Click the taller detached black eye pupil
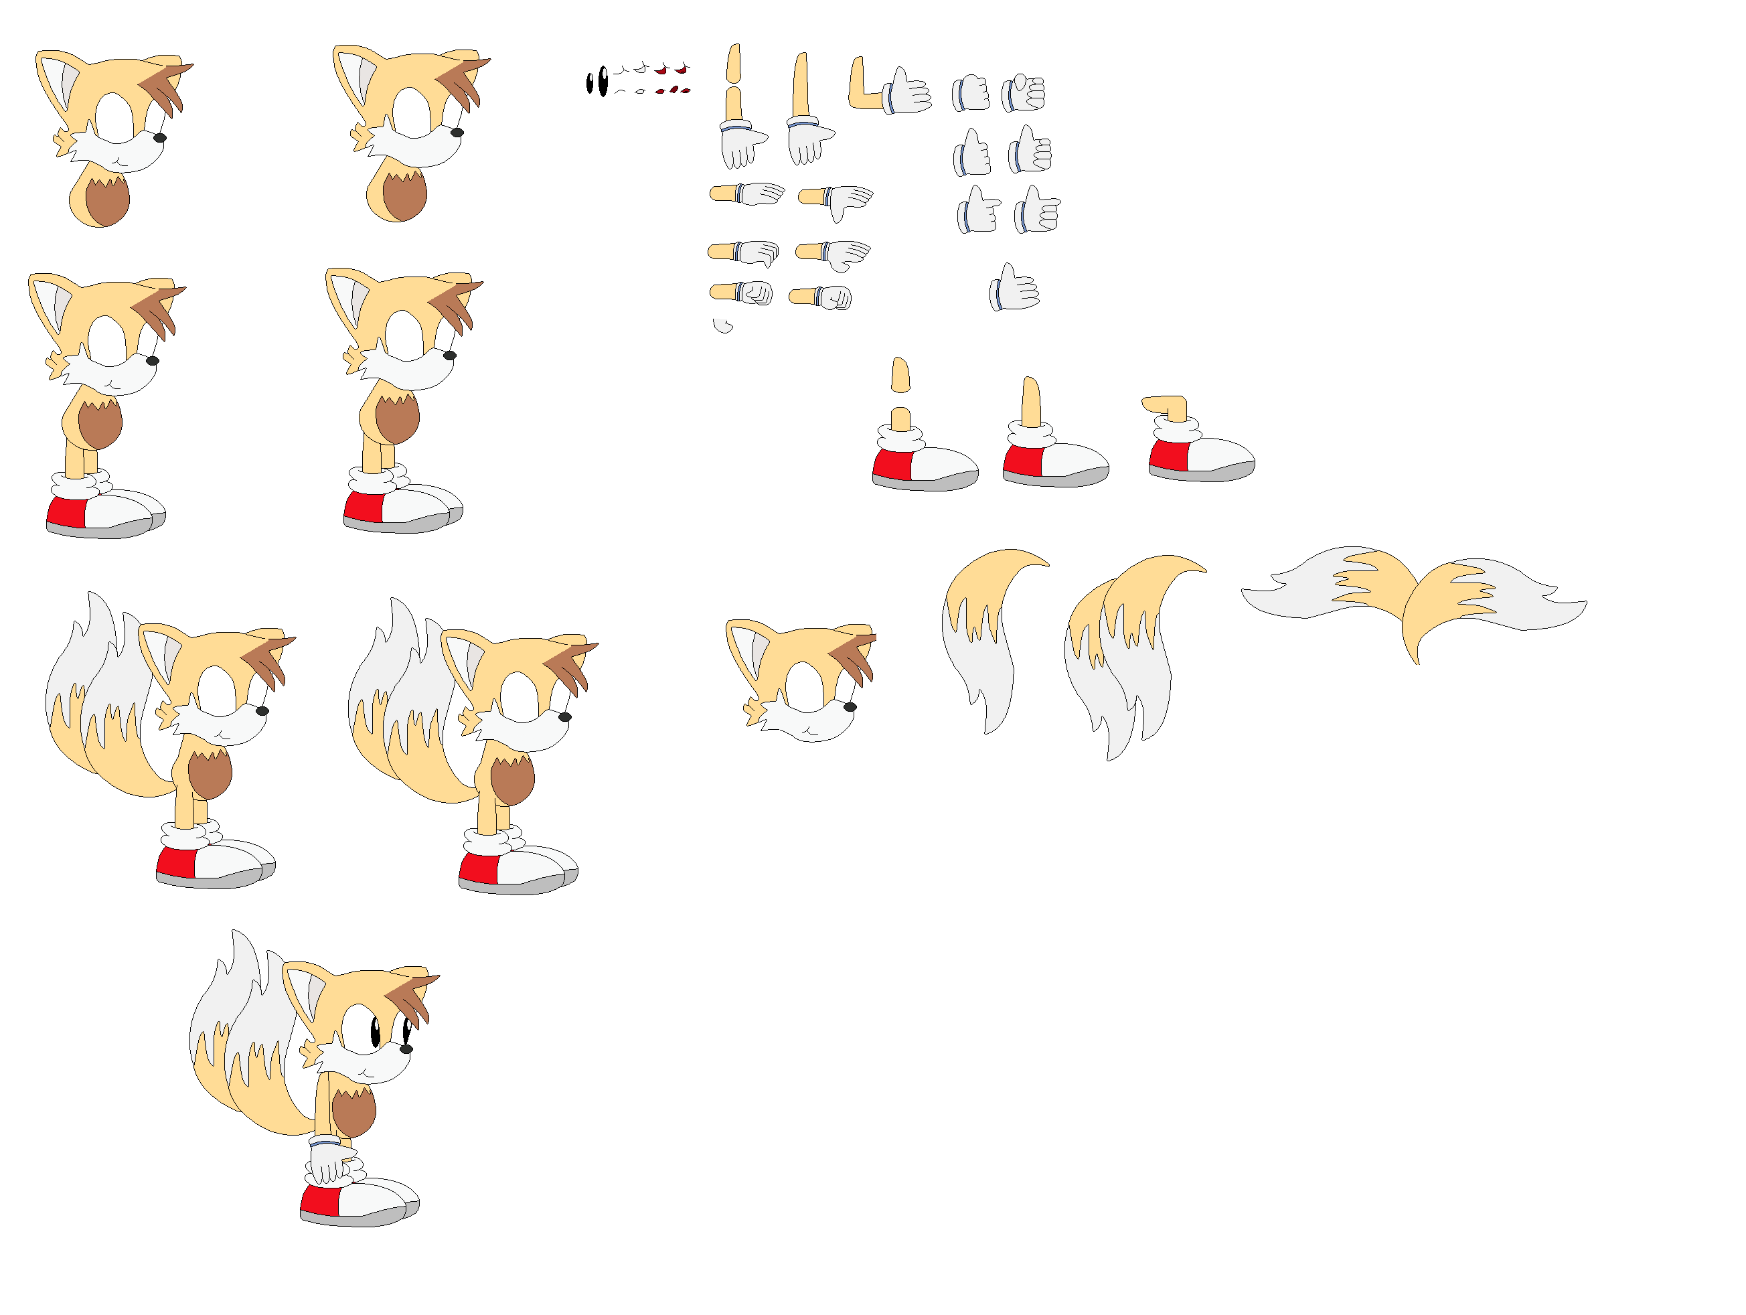(x=603, y=81)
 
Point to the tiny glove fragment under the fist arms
(x=722, y=326)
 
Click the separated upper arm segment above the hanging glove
(x=733, y=63)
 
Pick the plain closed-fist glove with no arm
(x=971, y=93)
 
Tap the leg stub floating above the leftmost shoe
(x=900, y=375)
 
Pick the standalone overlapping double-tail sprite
(x=1125, y=655)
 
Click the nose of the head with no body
(x=850, y=707)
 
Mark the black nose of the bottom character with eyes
(x=406, y=1049)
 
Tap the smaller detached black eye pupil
(x=590, y=83)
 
